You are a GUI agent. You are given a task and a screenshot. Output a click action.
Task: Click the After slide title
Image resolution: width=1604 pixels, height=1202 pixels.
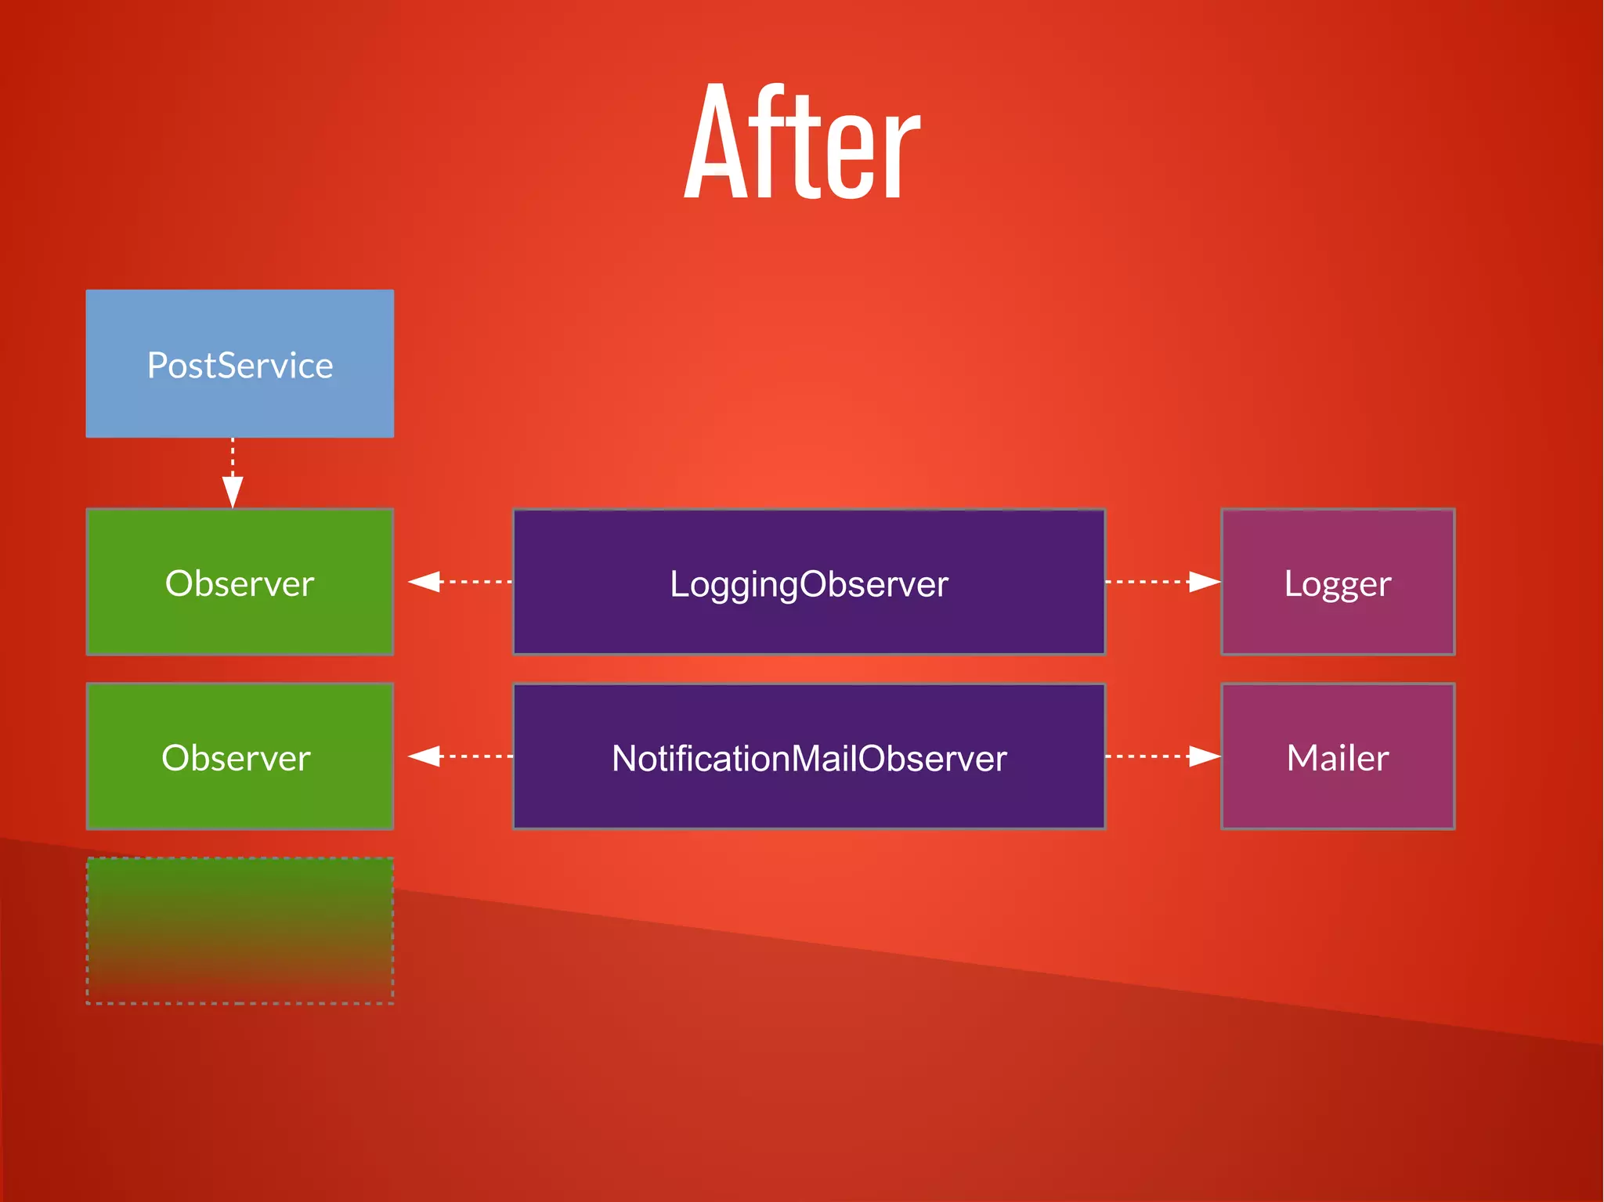pos(801,143)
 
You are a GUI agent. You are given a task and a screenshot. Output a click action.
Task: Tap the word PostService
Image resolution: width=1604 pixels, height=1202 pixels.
pos(240,366)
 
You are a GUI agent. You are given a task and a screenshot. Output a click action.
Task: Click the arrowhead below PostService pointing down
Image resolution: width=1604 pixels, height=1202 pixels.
pos(233,492)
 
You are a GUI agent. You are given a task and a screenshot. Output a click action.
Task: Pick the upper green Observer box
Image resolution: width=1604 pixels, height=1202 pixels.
pos(240,619)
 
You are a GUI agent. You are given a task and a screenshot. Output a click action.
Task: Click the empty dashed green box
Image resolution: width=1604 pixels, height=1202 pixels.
pos(240,930)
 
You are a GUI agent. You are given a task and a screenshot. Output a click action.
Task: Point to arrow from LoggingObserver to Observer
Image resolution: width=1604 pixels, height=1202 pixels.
pos(461,582)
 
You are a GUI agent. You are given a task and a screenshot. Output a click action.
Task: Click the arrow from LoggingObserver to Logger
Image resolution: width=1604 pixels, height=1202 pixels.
pos(1162,582)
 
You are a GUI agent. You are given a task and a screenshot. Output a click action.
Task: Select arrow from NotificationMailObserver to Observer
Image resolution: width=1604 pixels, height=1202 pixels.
pos(461,756)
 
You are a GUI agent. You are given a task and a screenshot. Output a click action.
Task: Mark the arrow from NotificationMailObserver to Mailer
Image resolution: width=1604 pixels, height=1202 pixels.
pos(1162,756)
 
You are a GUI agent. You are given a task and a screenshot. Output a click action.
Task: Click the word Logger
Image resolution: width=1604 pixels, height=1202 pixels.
pos(1338,584)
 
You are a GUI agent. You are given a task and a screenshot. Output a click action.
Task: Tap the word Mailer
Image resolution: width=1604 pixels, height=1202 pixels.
pos(1338,758)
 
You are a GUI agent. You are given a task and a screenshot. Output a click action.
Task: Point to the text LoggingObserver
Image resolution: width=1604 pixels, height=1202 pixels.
pos(809,584)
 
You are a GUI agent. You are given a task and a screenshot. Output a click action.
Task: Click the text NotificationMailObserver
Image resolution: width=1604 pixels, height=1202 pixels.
pos(809,759)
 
